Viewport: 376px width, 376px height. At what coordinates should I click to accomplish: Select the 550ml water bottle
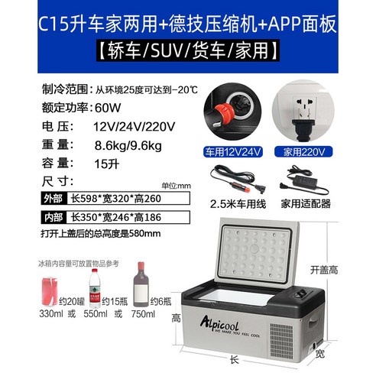(96, 284)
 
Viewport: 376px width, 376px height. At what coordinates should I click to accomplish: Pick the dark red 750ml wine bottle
(140, 283)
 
